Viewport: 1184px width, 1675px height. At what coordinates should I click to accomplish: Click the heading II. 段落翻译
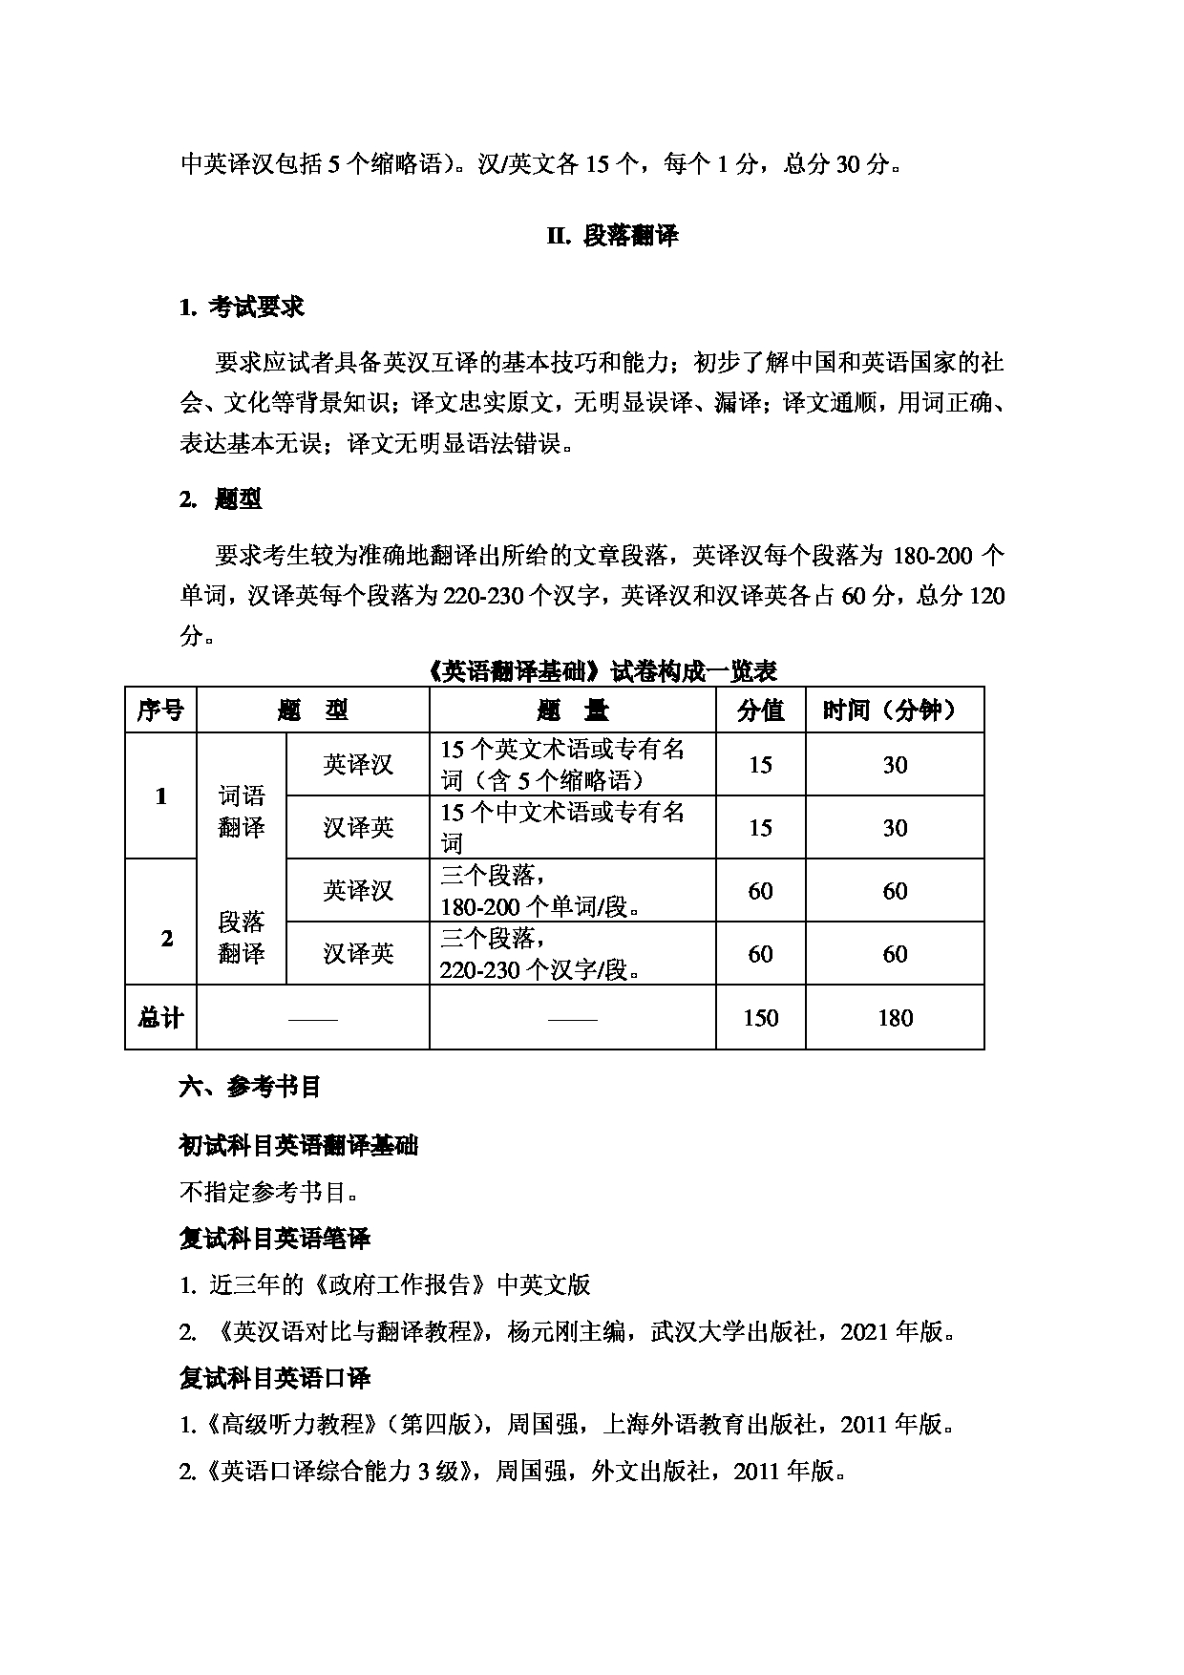(x=612, y=237)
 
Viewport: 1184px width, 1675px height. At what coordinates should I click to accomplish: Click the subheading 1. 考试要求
(x=242, y=307)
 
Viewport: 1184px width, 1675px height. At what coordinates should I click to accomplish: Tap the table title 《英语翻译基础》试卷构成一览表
(x=603, y=671)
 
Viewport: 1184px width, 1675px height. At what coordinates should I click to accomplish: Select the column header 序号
(x=160, y=710)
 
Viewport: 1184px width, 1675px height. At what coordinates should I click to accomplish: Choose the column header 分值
(x=760, y=710)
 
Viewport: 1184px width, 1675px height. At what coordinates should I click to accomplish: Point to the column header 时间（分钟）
(x=894, y=710)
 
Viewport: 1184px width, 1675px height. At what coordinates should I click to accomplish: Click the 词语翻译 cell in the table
(x=241, y=812)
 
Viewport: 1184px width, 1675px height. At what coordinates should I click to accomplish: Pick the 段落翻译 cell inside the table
(x=241, y=937)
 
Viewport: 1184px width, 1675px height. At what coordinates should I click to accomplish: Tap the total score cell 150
(x=760, y=1018)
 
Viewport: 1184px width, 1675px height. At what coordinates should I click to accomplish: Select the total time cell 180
(x=894, y=1018)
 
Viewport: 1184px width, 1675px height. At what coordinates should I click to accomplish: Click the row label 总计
(x=160, y=1018)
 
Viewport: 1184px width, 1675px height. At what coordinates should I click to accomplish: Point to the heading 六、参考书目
(x=250, y=1087)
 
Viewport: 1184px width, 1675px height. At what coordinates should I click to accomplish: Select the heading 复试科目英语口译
(x=275, y=1378)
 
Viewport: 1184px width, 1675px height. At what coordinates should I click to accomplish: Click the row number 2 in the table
(x=167, y=938)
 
